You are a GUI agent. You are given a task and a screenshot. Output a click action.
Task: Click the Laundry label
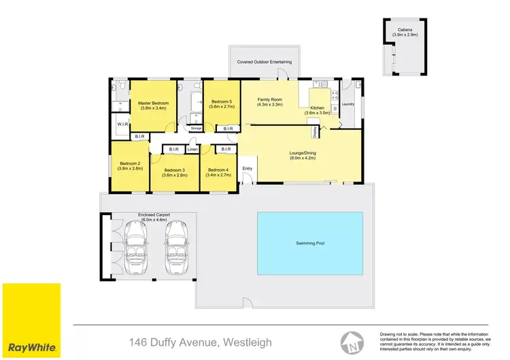coord(348,104)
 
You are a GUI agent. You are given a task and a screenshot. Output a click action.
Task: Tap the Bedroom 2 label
coord(130,164)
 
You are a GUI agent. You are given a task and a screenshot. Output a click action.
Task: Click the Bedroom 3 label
coord(174,170)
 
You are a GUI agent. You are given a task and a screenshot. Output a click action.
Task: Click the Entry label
coord(247,169)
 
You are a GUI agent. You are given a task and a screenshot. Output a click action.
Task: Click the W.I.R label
coord(122,125)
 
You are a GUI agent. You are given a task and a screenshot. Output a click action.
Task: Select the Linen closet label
coord(192,149)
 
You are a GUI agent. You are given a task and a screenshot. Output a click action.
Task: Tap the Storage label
coord(197,127)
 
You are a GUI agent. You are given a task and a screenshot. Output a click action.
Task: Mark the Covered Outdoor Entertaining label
coord(264,62)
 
